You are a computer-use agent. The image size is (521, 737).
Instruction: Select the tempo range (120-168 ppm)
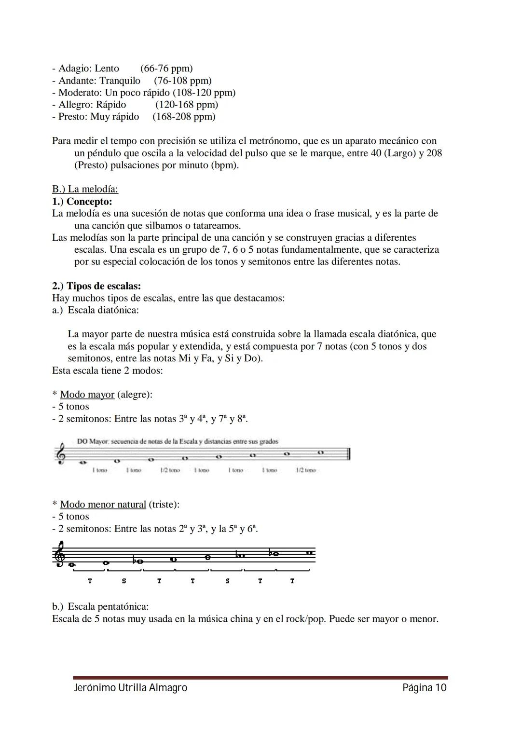[x=187, y=105]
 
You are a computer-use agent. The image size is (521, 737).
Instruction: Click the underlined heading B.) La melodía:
[x=85, y=189]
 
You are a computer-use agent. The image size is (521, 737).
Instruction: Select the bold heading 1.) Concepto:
[x=82, y=202]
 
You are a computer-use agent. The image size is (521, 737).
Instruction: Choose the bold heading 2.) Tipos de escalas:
[x=96, y=286]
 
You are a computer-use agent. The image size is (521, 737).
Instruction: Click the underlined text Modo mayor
[x=87, y=395]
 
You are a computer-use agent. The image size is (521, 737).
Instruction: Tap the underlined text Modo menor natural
[x=103, y=505]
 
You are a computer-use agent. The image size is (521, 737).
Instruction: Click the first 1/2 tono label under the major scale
[x=170, y=470]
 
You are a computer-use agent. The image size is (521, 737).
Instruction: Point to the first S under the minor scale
[x=124, y=581]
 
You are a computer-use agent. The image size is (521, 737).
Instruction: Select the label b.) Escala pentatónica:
[x=100, y=606]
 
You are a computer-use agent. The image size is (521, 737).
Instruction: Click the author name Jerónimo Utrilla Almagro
[x=130, y=688]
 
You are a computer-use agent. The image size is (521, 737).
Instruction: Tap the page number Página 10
[x=425, y=688]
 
